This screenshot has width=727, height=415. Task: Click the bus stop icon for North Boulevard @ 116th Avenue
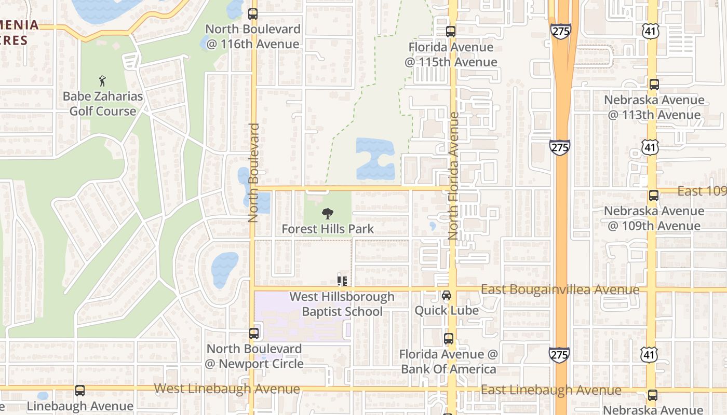click(253, 14)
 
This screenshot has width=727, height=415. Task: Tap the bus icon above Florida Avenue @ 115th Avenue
click(451, 31)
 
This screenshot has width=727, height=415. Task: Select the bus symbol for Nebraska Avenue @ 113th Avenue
click(654, 84)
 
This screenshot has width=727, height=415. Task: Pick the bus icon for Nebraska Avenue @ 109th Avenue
click(654, 196)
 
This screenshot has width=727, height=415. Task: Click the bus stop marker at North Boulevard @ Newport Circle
click(254, 333)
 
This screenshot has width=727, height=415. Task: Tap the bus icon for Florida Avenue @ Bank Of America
click(449, 339)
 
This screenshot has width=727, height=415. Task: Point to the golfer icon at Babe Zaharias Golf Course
click(103, 81)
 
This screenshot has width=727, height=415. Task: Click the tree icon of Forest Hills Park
click(328, 213)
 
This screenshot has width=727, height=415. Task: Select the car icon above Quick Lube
click(446, 295)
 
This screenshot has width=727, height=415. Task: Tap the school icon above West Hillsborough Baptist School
click(342, 281)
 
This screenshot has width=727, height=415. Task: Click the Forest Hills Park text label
click(328, 229)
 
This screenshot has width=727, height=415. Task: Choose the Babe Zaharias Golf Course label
click(103, 104)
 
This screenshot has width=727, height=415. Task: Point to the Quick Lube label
click(446, 310)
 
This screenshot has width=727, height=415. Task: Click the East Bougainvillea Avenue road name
click(560, 289)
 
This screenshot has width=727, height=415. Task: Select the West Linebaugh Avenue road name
click(227, 389)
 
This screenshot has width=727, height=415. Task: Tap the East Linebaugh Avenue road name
click(551, 390)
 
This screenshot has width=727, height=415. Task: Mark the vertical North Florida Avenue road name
click(454, 176)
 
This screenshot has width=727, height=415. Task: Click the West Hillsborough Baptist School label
click(342, 304)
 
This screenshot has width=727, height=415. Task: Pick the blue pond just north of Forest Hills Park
click(375, 159)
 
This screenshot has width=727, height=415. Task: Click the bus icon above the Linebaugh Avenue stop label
click(80, 391)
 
